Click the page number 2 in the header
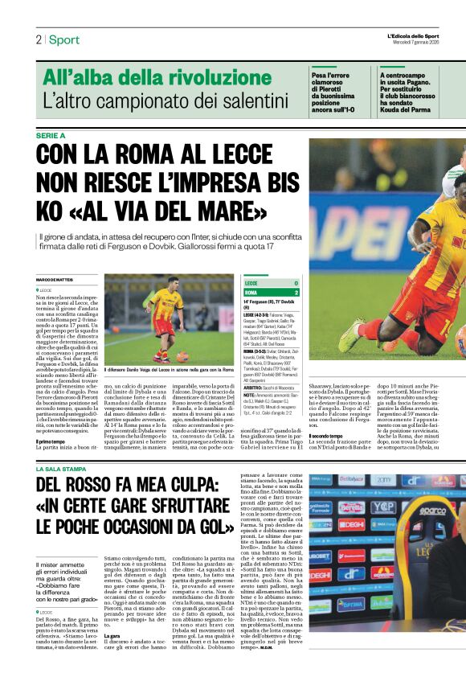[x=38, y=39]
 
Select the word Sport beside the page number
[x=63, y=39]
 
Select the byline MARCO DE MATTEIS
[x=54, y=279]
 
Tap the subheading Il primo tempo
[x=51, y=441]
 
